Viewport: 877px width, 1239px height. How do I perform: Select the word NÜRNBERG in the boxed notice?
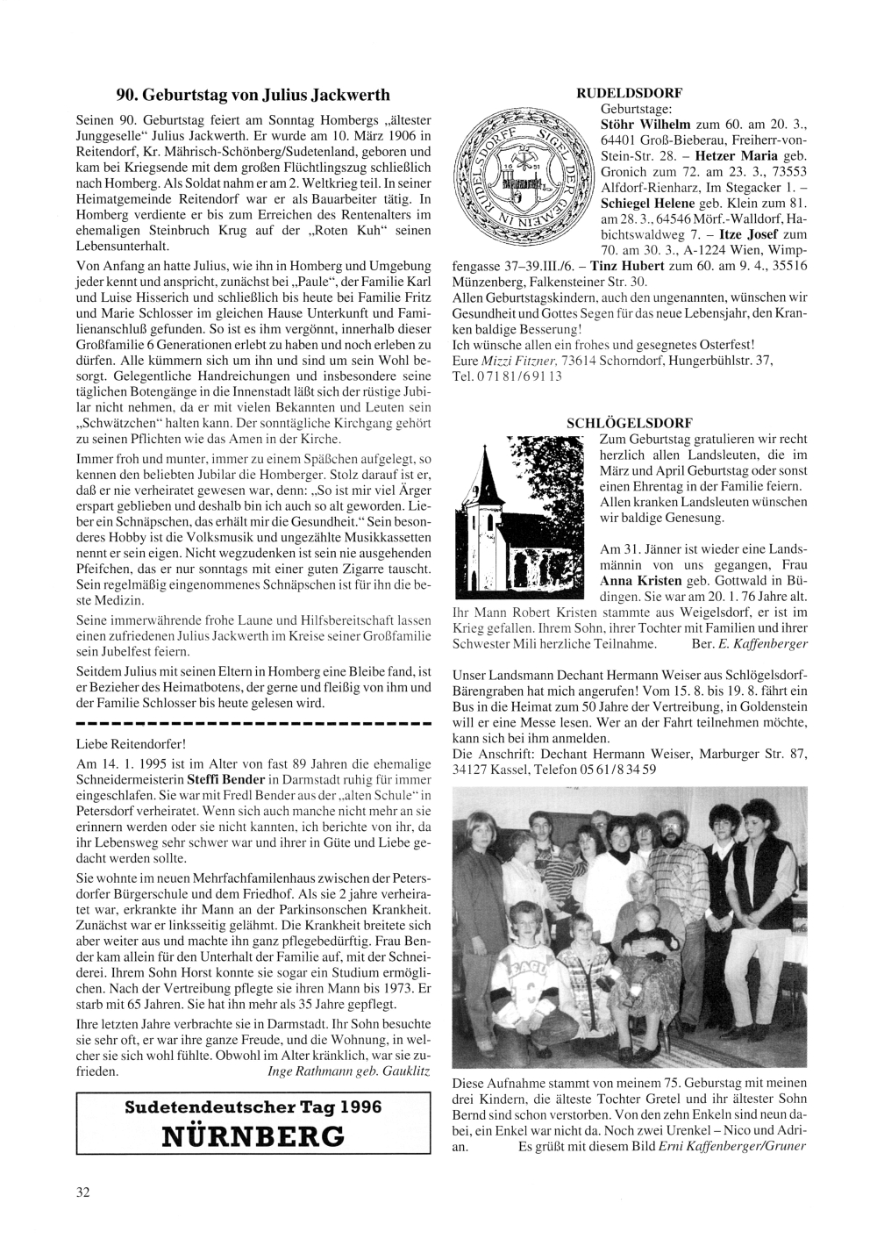[253, 1136]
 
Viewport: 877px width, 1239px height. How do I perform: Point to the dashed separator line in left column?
[253, 726]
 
